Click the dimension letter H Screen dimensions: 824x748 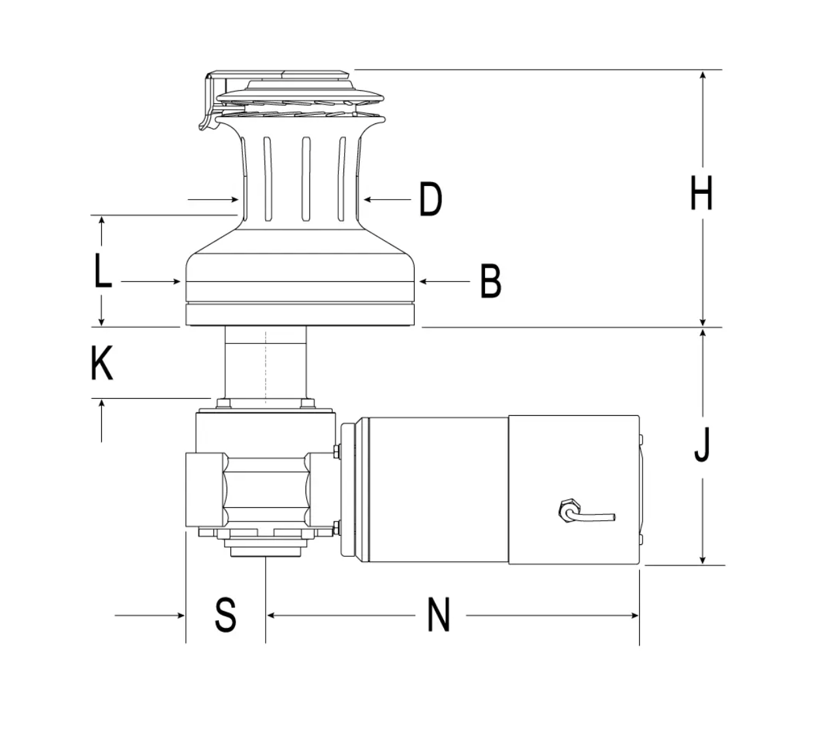[701, 193]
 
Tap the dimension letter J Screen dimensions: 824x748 [702, 445]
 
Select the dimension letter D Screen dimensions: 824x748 [430, 199]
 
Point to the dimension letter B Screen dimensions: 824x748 [491, 281]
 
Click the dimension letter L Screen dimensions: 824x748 [103, 271]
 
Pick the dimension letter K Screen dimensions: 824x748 [101, 363]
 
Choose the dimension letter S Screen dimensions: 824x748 [225, 615]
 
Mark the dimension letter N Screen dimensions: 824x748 [439, 615]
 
